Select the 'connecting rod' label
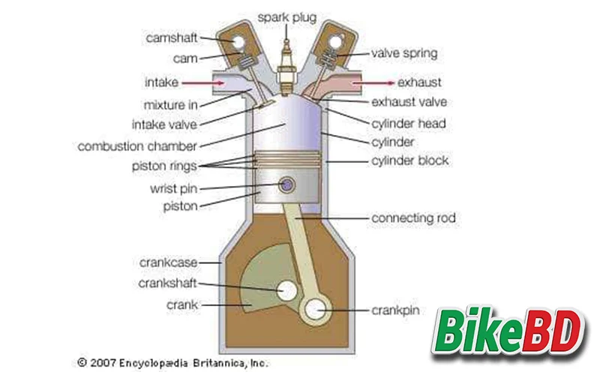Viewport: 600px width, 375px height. [414, 218]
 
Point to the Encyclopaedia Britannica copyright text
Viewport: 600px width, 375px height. [173, 361]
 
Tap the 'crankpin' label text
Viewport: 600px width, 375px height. [397, 309]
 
